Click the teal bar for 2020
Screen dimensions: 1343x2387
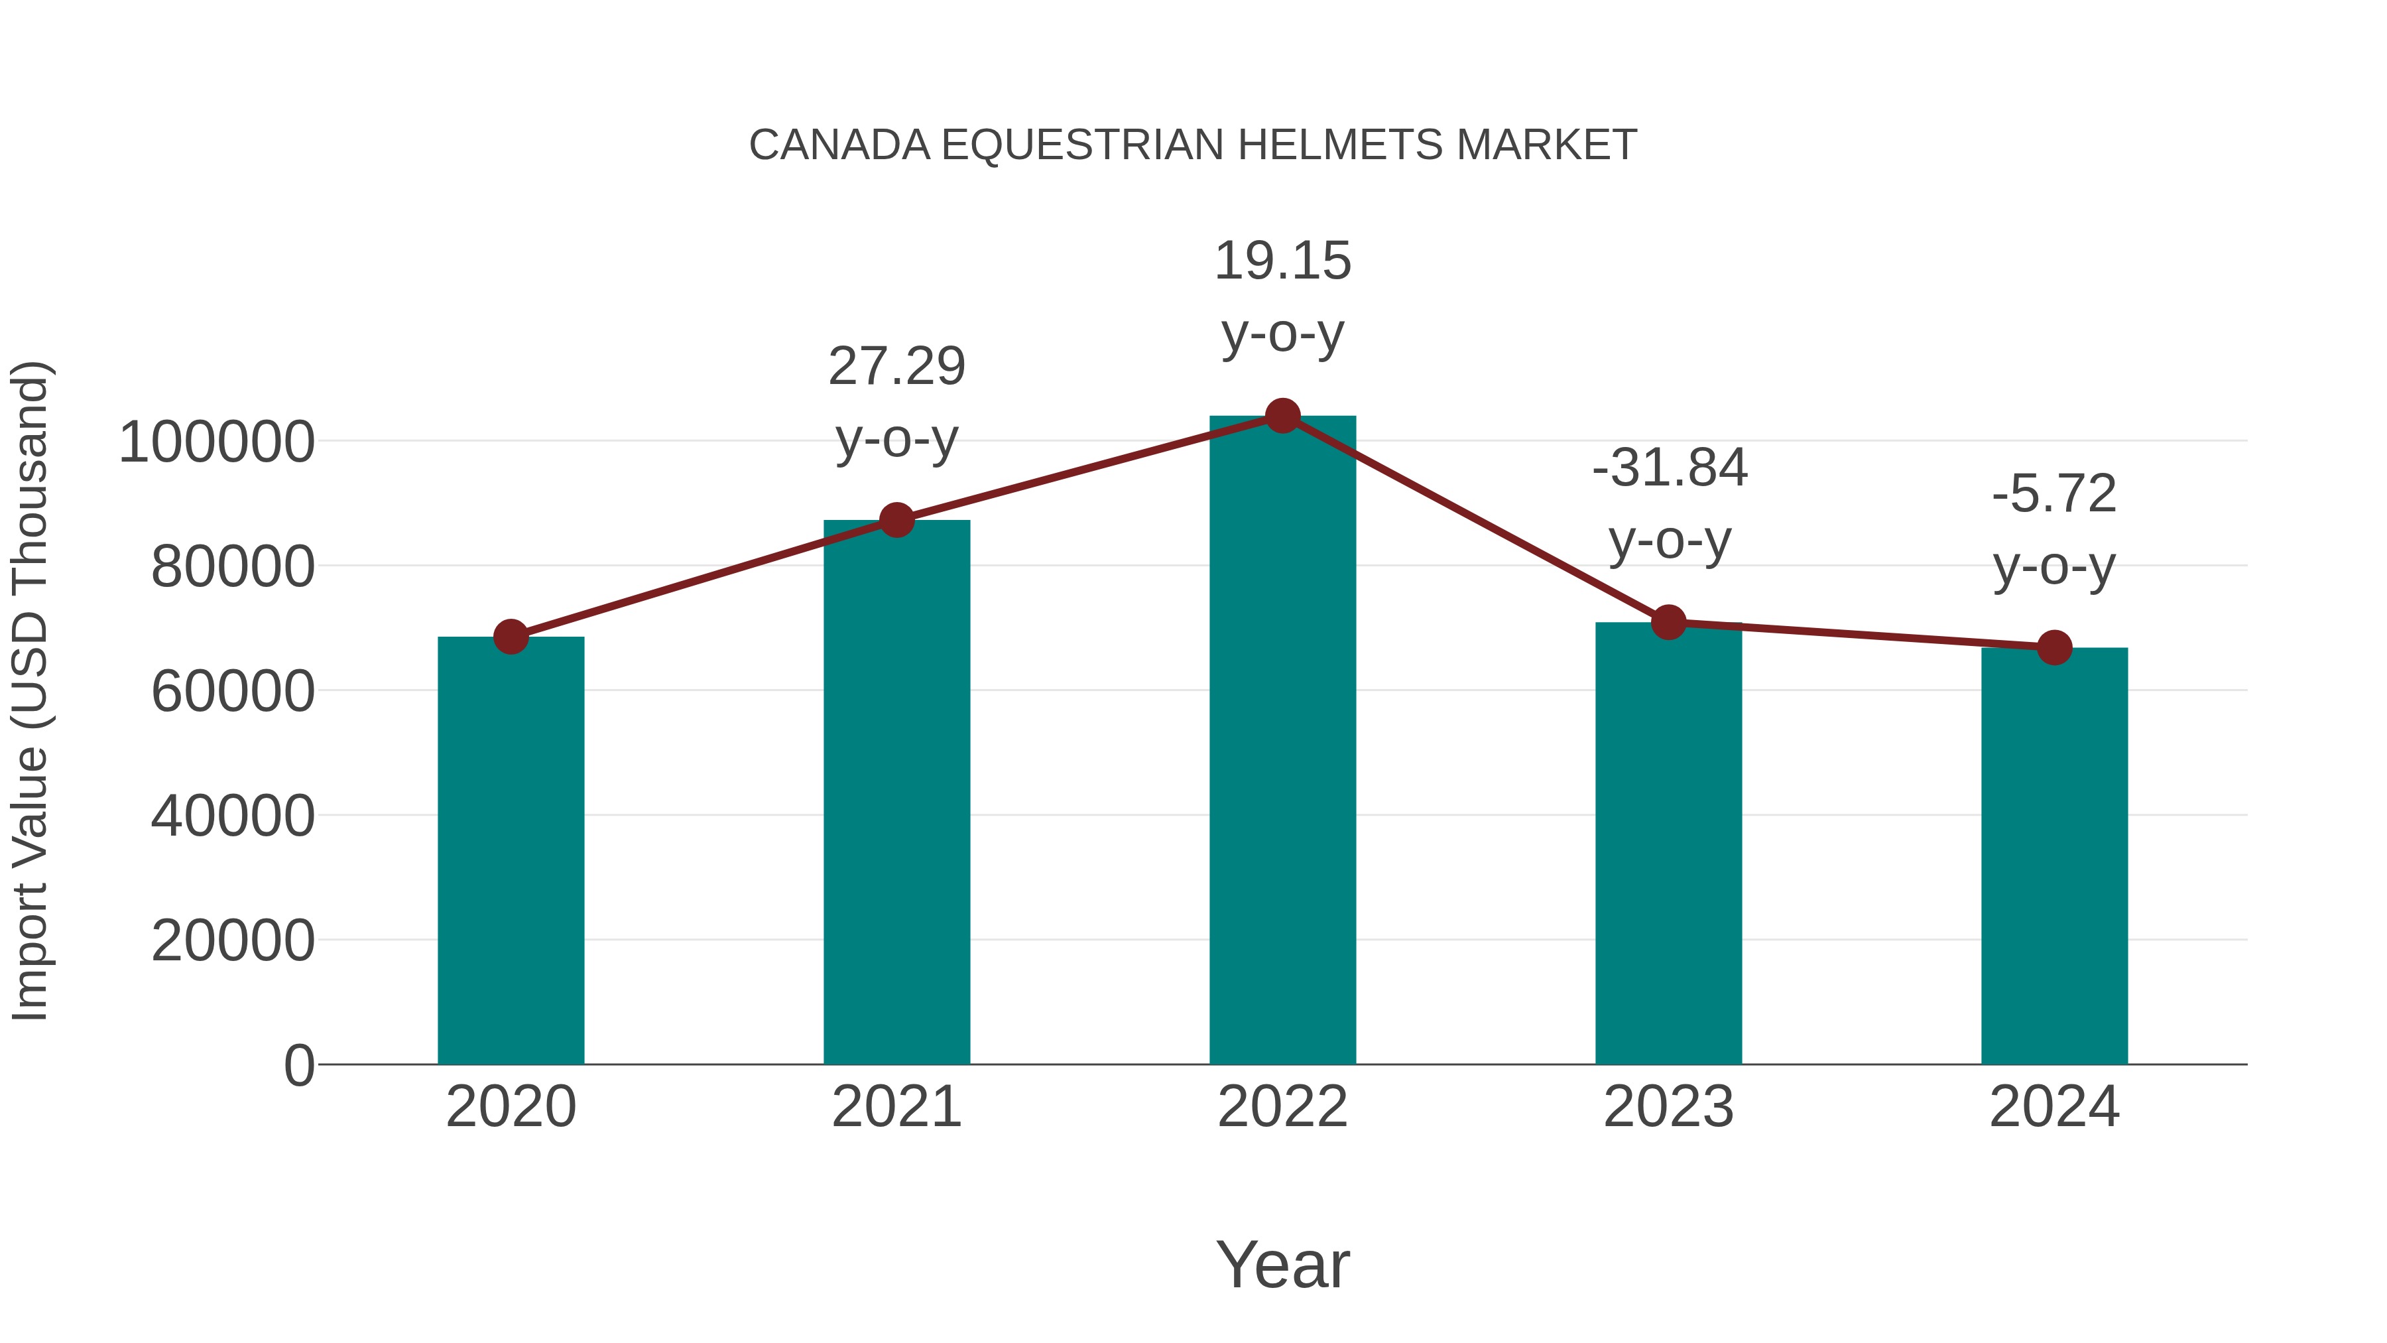(511, 850)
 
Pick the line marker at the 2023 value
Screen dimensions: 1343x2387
(1669, 623)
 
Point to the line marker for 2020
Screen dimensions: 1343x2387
(511, 637)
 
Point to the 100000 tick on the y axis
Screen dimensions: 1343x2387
(217, 442)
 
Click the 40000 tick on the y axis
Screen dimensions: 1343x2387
(233, 816)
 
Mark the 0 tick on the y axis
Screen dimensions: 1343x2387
(299, 1066)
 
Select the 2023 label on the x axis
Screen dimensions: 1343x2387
(1669, 1107)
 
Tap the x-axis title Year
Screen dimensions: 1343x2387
(1282, 1264)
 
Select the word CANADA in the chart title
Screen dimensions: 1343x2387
(839, 145)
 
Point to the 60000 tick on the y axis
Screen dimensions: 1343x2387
(233, 692)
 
